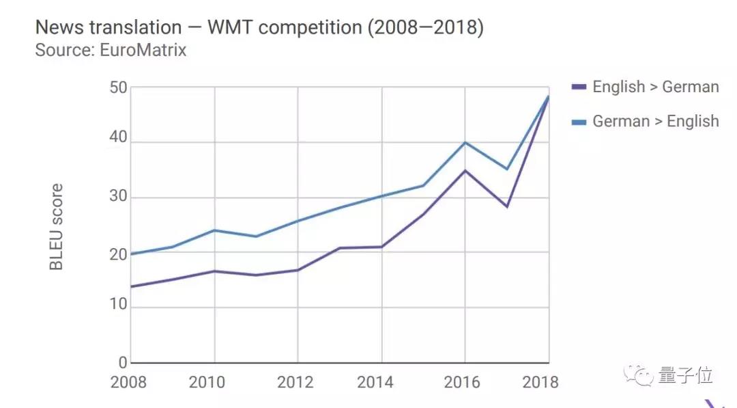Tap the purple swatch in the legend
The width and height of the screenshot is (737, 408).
pos(579,87)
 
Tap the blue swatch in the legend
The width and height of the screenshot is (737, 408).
pos(579,122)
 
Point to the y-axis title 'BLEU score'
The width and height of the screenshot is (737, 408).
pos(57,226)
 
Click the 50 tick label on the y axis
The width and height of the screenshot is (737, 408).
pos(118,87)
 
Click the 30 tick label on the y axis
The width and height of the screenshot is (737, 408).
pos(118,198)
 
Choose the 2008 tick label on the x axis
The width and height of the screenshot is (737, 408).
pos(129,382)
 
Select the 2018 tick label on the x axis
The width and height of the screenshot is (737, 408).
pos(539,382)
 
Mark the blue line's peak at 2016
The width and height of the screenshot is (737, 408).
pos(465,142)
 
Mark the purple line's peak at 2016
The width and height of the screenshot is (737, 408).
pos(465,170)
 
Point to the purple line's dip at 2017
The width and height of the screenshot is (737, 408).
pos(507,206)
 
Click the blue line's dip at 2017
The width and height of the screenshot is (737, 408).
pos(507,169)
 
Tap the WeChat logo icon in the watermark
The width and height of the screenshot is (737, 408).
pos(643,376)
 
